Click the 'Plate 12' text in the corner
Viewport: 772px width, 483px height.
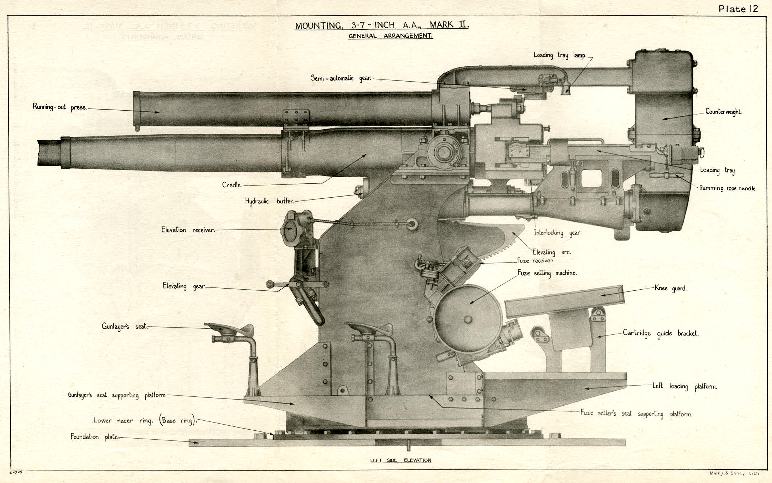[x=738, y=9]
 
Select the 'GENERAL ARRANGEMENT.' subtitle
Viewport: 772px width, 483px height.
[x=391, y=36]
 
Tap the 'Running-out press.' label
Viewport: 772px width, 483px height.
[x=59, y=107]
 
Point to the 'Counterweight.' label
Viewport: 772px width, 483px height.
[x=724, y=111]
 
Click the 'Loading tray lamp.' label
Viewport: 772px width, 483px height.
[x=560, y=55]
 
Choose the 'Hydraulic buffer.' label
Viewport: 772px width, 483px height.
[x=269, y=201]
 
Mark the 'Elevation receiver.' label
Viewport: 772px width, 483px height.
[x=188, y=230]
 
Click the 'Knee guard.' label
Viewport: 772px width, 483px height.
[x=670, y=288]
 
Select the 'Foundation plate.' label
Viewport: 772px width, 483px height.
[x=95, y=437]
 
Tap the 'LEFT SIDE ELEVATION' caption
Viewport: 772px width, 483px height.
[x=401, y=460]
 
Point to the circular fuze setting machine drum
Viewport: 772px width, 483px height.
[x=467, y=319]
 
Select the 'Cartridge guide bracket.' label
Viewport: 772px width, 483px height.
[x=660, y=333]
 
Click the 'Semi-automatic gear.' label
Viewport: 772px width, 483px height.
[x=341, y=78]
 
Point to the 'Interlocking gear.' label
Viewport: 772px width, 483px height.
[x=558, y=233]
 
